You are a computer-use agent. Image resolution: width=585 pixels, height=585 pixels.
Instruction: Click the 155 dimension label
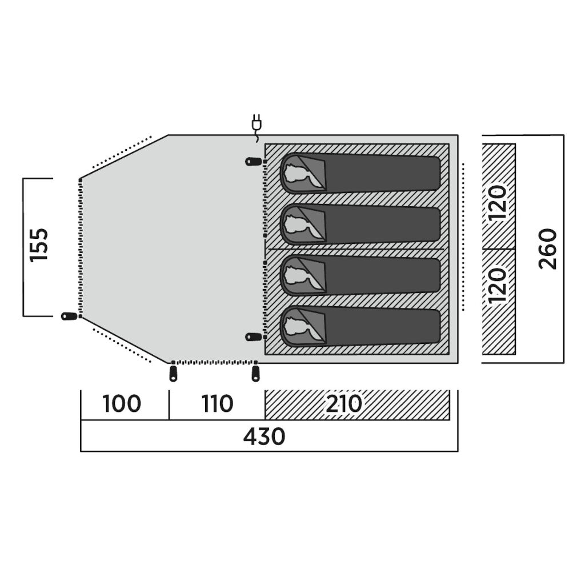click(x=39, y=245)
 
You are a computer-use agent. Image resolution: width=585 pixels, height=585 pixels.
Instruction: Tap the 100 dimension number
click(x=122, y=404)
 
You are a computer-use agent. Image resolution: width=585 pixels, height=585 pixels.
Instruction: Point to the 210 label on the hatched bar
click(x=344, y=404)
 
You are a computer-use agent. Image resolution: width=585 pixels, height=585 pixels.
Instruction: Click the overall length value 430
click(x=264, y=437)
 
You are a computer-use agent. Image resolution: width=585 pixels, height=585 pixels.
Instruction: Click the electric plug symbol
click(x=255, y=122)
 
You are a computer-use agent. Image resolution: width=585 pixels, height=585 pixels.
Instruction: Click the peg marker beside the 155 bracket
click(x=69, y=316)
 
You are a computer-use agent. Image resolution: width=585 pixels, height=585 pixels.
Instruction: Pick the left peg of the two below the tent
click(x=173, y=373)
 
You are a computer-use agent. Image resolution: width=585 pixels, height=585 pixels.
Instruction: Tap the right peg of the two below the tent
click(x=255, y=373)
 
